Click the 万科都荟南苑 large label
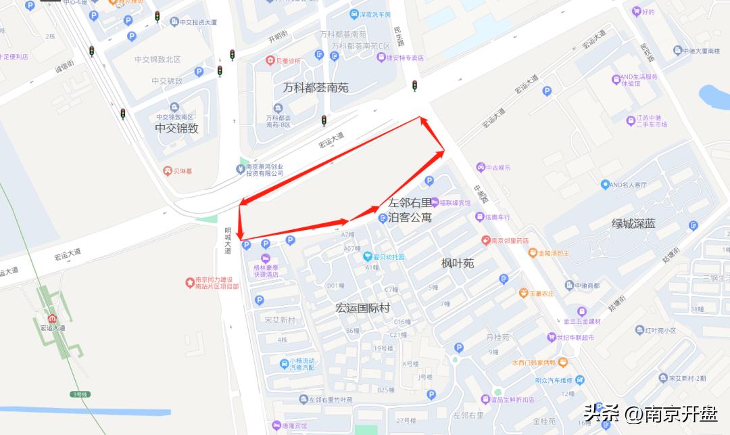[316, 87]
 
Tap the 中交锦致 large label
[176, 128]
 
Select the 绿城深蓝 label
[633, 224]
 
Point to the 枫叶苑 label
[458, 263]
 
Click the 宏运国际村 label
[363, 308]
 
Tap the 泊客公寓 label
[410, 217]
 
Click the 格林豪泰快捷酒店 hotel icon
[266, 258]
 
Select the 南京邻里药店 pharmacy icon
[485, 240]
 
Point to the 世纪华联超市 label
[575, 337]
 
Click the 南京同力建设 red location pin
[191, 282]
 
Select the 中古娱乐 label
[498, 166]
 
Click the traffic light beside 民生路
[414, 86]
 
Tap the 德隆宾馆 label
[292, 426]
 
